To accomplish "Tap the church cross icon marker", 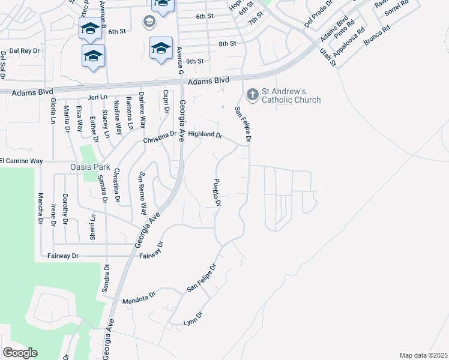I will [x=252, y=94].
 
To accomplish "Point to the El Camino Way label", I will [x=22, y=161].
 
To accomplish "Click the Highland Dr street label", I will [x=205, y=135].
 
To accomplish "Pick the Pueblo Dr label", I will [x=218, y=193].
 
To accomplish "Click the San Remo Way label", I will [x=143, y=193].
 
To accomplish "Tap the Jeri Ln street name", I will [x=97, y=97].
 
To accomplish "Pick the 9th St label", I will [x=195, y=61].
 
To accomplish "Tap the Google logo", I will [x=20, y=353].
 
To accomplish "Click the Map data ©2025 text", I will [x=423, y=355].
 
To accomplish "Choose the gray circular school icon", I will [x=148, y=23].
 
